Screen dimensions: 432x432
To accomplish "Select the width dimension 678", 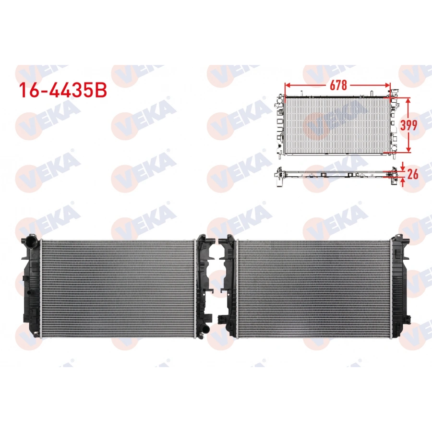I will point(338,85).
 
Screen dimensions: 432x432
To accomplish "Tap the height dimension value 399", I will point(408,125).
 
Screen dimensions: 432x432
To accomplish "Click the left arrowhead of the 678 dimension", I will point(287,85).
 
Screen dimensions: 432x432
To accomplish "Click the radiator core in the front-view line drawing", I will point(336,125).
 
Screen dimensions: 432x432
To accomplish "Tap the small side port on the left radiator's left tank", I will point(24,278).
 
